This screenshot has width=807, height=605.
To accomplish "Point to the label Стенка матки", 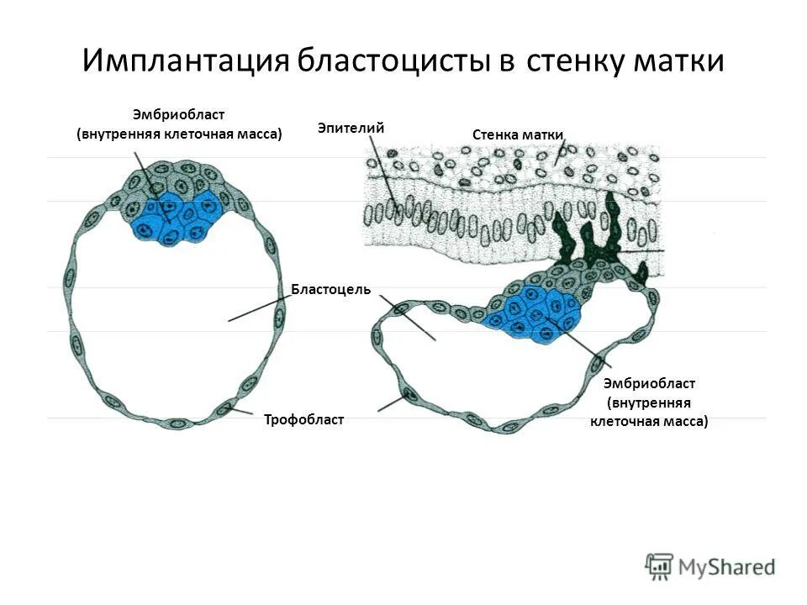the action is pyautogui.click(x=518, y=134).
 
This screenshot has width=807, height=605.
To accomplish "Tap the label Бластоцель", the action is pyautogui.click(x=331, y=290).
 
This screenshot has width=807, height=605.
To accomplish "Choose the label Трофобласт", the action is pyautogui.click(x=303, y=419).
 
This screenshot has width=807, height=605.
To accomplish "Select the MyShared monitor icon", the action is pyautogui.click(x=660, y=565).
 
